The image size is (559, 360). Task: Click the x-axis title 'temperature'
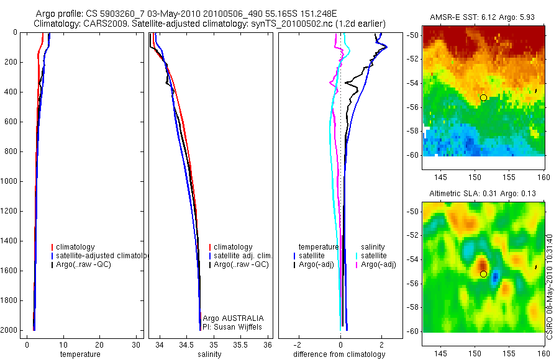tap(80, 354)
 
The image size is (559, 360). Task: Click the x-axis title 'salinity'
tap(210, 354)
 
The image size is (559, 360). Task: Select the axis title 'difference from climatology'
tap(339, 354)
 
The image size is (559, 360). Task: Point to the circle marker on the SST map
tap(483, 98)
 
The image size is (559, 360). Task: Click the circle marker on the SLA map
tap(483, 274)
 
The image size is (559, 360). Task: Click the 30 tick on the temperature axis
tap(136, 345)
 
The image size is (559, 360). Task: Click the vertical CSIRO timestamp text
tap(550, 286)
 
